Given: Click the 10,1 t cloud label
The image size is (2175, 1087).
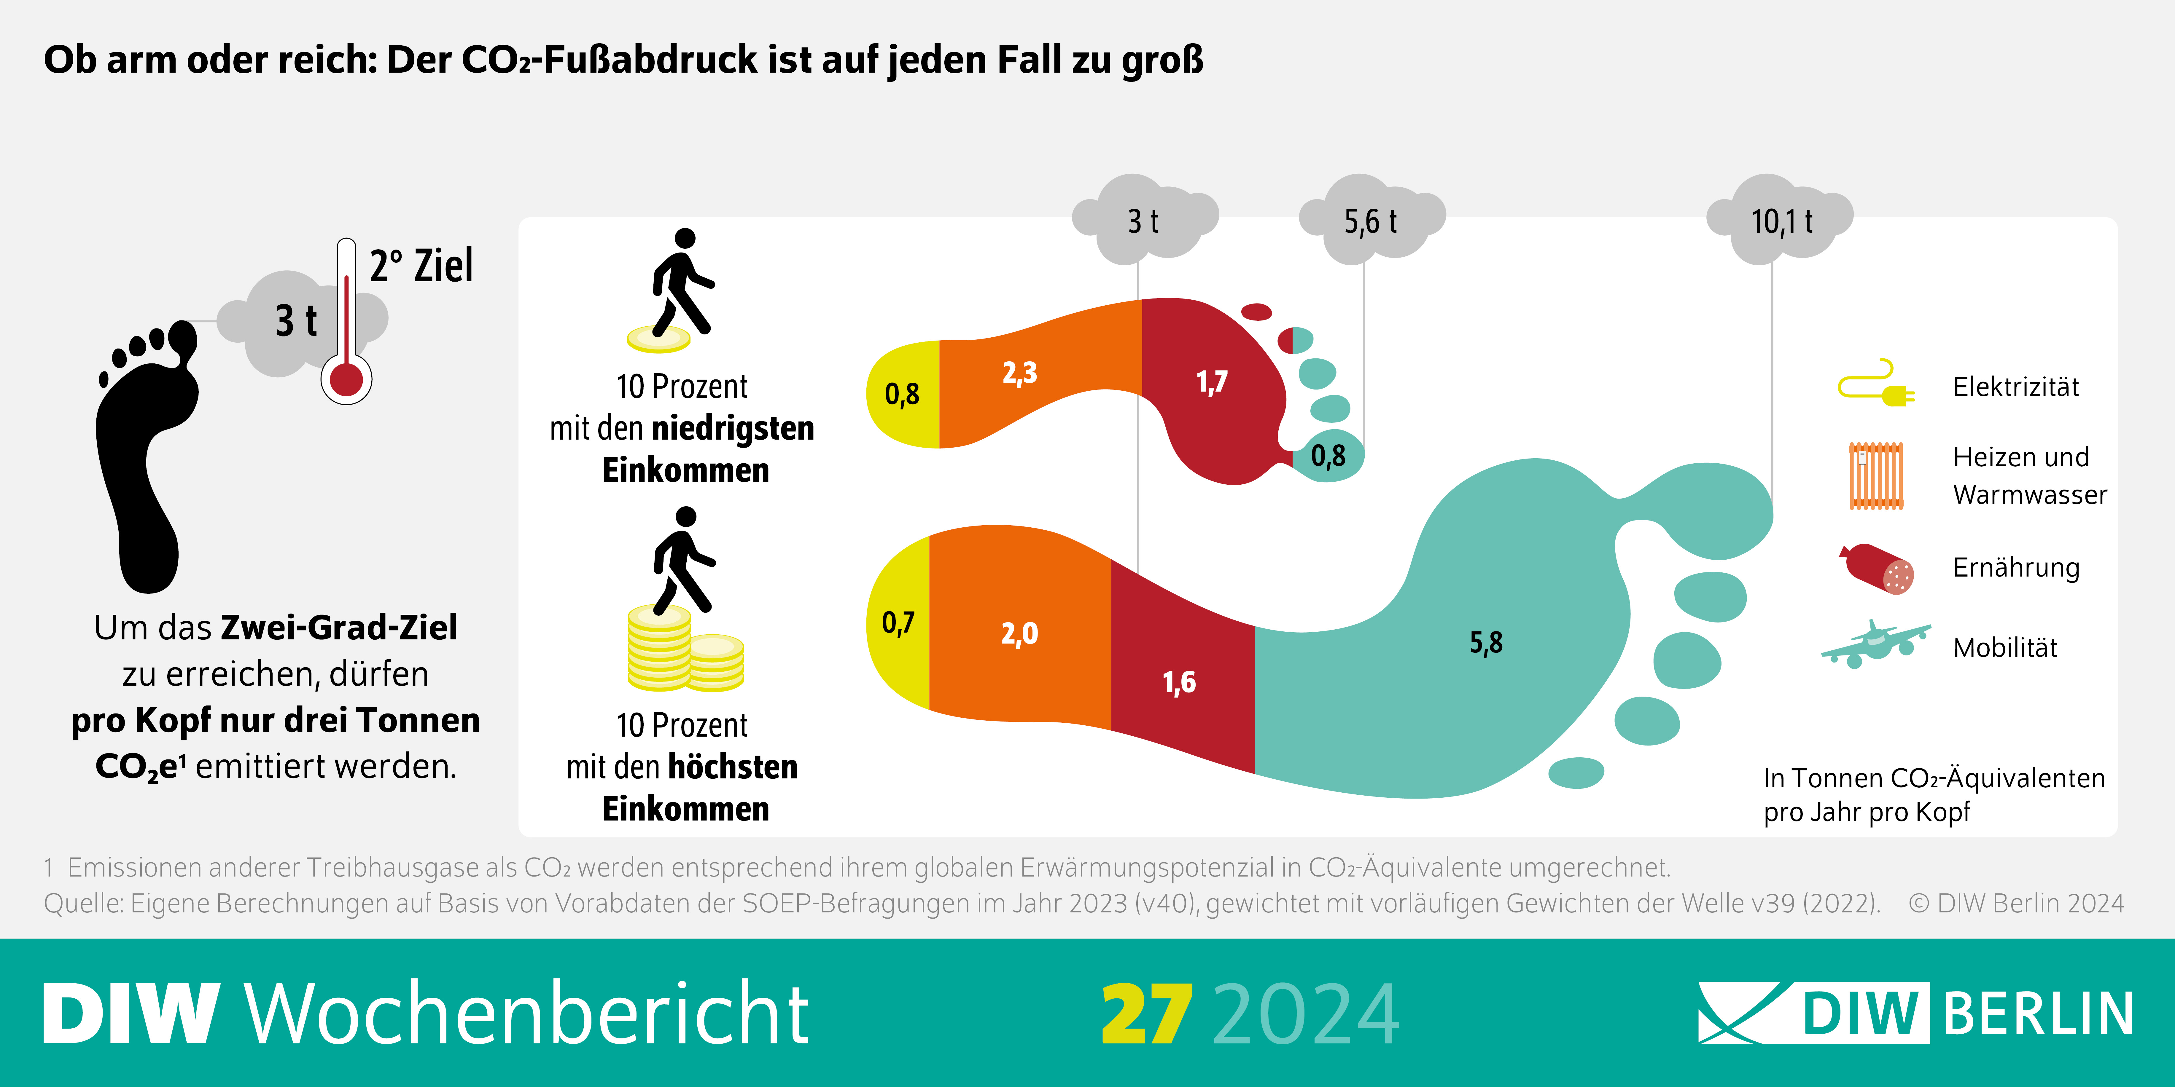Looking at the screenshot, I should (1781, 222).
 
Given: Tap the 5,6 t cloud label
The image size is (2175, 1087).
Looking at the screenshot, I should (1370, 222).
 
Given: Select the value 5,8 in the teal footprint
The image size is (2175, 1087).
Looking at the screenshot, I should (1486, 643).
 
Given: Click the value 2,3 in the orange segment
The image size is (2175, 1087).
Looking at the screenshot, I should (1019, 373).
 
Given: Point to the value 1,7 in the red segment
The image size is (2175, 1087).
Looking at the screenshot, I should (1212, 382).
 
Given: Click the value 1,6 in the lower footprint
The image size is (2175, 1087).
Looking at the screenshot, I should (1179, 682).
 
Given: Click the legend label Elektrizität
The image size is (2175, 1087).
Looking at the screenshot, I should (2015, 387).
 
